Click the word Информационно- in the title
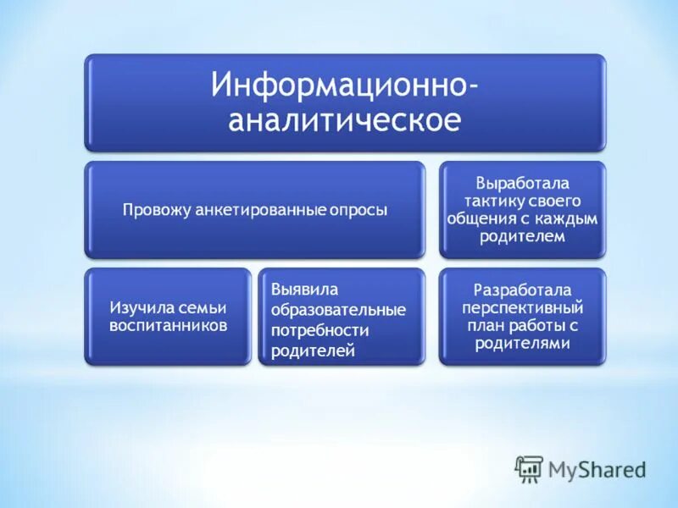click(345, 86)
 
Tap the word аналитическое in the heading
click(345, 119)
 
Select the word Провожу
click(153, 209)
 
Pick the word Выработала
click(522, 183)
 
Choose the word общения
click(479, 218)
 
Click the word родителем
click(522, 237)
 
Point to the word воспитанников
click(168, 326)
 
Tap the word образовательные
click(338, 309)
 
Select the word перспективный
click(522, 308)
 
